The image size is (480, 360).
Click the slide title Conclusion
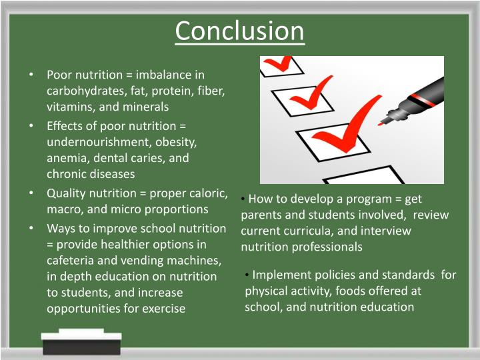pos(239,31)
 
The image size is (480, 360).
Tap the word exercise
pos(161,308)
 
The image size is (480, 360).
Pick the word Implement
pos(281,275)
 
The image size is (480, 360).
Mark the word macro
pos(62,209)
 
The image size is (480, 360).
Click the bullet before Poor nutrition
pos(31,74)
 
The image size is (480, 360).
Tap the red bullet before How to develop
pos(245,199)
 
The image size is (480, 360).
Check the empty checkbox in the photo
pos(363,176)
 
